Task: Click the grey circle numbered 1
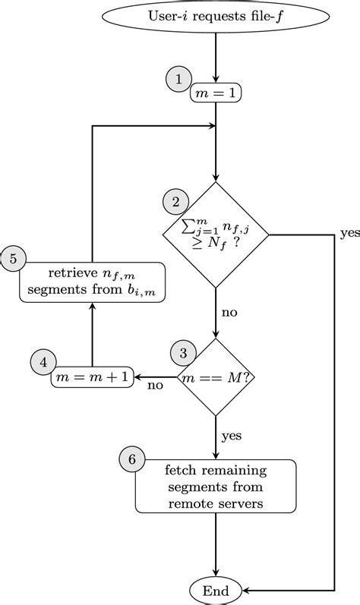178,80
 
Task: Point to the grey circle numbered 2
176,202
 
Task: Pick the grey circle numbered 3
183,352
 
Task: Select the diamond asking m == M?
216,377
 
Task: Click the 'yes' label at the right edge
349,233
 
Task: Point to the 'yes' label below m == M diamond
232,436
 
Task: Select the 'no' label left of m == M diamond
155,385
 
